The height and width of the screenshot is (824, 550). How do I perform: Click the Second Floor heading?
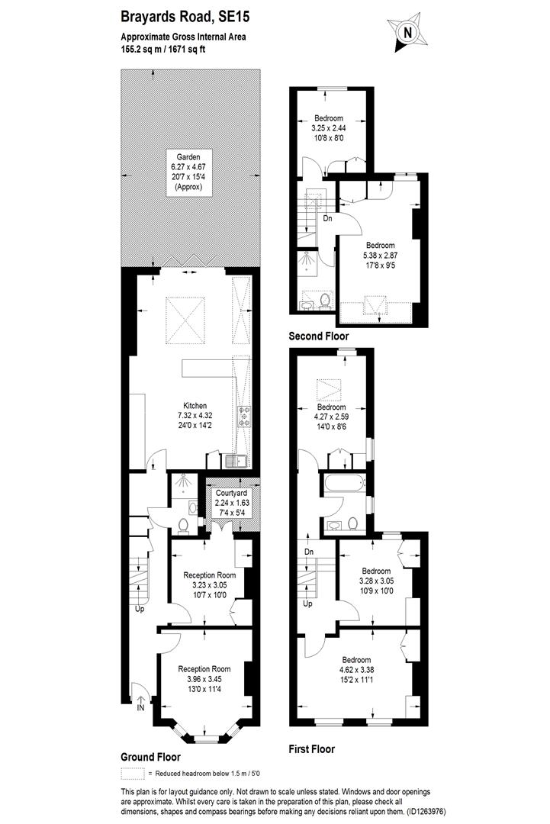318,336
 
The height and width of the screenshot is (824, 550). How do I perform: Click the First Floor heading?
311,748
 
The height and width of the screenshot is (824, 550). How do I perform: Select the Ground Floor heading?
151,757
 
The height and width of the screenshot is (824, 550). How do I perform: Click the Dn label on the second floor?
326,217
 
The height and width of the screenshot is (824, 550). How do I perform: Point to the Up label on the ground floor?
140,609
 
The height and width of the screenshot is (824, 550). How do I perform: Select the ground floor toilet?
183,526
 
